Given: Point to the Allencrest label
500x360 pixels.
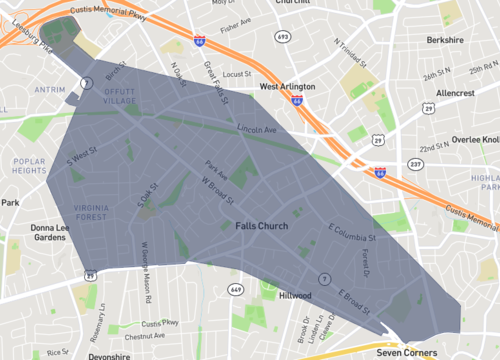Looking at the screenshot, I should click(x=455, y=92).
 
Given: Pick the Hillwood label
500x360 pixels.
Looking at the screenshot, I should click(x=295, y=296).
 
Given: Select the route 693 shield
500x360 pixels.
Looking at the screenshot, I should click(x=283, y=36).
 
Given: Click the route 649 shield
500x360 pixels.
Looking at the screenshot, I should click(x=236, y=289).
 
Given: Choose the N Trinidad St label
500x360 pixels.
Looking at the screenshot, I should click(x=351, y=55).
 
